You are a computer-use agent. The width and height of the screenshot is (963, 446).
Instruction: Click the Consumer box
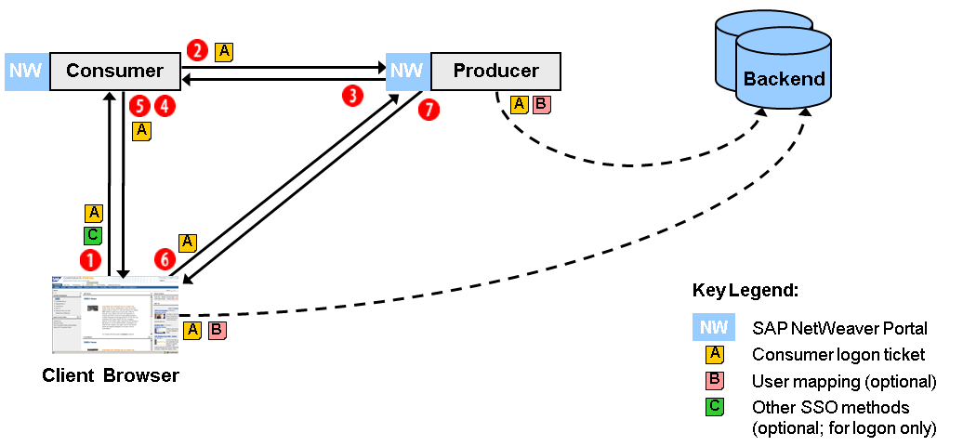click(x=115, y=72)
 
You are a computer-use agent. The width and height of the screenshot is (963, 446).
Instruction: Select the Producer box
click(x=495, y=72)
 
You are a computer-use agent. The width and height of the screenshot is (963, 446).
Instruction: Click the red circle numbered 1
click(x=90, y=258)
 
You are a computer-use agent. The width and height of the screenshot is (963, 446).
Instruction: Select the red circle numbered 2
click(x=197, y=50)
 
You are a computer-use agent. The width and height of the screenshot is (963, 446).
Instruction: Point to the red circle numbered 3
click(x=351, y=96)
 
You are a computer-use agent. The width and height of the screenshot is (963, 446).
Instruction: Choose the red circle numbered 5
click(x=140, y=106)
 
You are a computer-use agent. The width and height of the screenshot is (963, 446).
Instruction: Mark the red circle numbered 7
click(x=429, y=109)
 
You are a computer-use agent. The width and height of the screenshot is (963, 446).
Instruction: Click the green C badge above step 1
click(x=93, y=235)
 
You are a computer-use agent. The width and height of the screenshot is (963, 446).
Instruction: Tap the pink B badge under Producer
click(x=541, y=104)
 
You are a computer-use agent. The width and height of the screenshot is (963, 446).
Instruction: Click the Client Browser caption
click(x=111, y=376)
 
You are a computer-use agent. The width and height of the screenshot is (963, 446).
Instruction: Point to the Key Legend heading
click(x=745, y=290)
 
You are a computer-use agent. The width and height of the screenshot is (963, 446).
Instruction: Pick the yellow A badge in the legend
click(x=714, y=354)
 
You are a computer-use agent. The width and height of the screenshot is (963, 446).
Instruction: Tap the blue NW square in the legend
click(x=714, y=327)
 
